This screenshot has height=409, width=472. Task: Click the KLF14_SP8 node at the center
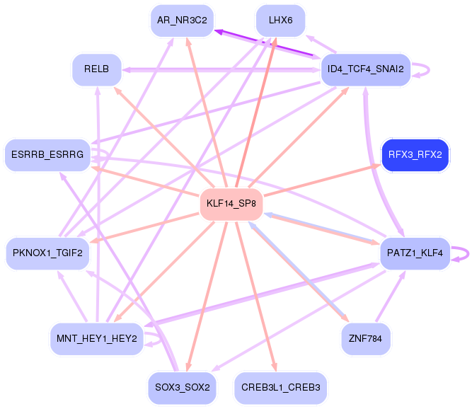click(x=231, y=204)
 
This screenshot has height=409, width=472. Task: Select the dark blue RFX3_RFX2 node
click(x=415, y=155)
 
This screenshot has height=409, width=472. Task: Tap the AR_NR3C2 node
click(x=182, y=21)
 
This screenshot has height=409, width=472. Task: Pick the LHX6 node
click(x=280, y=21)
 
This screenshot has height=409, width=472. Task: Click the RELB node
click(x=97, y=69)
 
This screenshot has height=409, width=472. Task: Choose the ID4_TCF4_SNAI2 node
click(x=365, y=69)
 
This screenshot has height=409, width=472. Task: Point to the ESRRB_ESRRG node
click(x=47, y=155)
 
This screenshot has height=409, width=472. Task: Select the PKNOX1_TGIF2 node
click(x=47, y=253)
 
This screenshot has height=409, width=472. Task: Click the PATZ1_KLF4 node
click(x=415, y=253)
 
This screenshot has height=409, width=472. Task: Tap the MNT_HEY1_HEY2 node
click(x=97, y=338)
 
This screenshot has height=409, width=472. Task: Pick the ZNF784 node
click(x=365, y=338)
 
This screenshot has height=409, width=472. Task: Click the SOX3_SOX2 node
click(x=182, y=387)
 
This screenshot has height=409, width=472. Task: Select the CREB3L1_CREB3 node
click(x=280, y=387)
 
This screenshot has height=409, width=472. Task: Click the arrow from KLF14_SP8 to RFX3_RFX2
click(x=322, y=180)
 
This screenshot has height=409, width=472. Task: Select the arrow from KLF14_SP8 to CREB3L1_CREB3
click(x=255, y=296)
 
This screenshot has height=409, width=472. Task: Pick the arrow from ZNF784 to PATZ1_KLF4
click(x=391, y=296)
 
